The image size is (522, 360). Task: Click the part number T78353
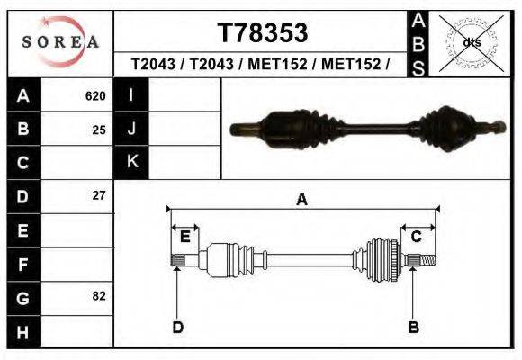263,32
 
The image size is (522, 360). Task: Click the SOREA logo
60,41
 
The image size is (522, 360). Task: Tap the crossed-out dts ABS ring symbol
471,43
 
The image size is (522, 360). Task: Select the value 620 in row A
95,96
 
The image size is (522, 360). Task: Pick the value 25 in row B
99,130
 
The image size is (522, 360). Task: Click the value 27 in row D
99,195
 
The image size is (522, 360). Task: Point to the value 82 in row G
99,296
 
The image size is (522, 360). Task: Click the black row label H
24,332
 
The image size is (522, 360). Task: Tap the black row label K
131,162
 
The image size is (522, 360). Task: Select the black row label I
131,94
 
